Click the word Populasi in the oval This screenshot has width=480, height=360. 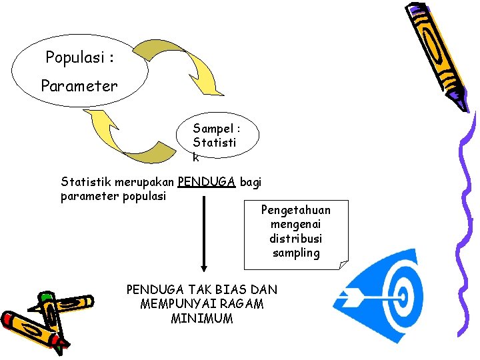[x=74, y=58]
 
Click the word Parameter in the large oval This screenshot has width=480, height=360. [x=79, y=86]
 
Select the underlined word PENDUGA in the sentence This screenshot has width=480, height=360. [x=207, y=181]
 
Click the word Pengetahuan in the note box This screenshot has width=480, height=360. [x=295, y=210]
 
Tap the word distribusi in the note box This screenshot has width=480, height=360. [x=295, y=239]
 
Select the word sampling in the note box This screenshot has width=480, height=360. [x=295, y=253]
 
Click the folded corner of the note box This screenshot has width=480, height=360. [x=343, y=265]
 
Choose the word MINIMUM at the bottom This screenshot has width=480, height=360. [x=201, y=319]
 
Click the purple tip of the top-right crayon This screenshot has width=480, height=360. [x=459, y=101]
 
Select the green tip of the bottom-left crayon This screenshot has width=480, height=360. [x=45, y=296]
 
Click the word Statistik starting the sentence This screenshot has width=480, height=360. [x=86, y=181]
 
